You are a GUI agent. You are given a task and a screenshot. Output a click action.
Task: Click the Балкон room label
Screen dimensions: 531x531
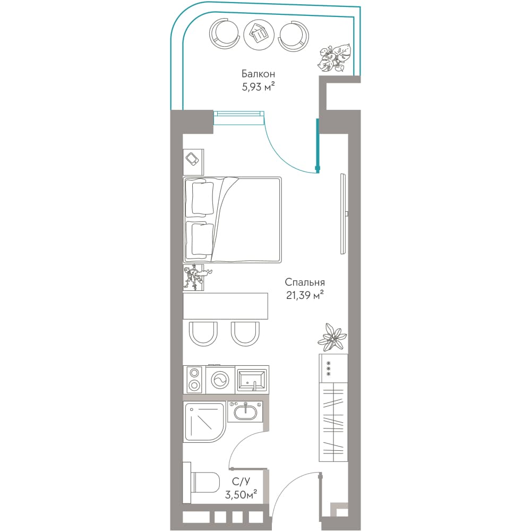tap(258, 73)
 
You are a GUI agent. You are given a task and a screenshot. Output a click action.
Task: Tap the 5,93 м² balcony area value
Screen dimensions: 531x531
tap(258, 87)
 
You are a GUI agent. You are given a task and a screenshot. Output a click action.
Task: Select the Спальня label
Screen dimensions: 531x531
tap(305, 282)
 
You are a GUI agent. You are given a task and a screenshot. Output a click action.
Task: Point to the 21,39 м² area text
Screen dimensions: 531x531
tap(305, 295)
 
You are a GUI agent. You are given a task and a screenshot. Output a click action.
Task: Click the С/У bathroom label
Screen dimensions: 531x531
tap(241, 481)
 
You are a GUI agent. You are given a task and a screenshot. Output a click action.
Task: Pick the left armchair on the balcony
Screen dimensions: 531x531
tap(224, 34)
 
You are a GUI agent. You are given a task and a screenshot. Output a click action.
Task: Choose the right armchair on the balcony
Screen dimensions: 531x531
tap(294, 35)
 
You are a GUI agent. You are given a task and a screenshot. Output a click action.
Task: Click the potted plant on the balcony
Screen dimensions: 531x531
tap(334, 58)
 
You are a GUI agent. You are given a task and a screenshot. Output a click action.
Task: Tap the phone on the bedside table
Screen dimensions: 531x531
tap(193, 159)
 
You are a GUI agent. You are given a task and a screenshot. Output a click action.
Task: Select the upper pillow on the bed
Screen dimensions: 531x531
tap(202, 199)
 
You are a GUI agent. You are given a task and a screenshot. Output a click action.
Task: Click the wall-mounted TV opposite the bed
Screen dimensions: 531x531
tap(344, 213)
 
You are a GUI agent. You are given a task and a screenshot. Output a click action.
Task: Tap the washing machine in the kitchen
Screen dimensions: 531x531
tap(220, 379)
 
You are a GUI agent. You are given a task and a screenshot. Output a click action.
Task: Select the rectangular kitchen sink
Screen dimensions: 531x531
tap(251, 380)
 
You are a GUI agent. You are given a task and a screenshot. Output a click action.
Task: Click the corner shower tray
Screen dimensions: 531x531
tap(204, 422)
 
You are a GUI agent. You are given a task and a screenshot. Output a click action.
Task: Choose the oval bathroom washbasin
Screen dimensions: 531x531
tap(245, 411)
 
